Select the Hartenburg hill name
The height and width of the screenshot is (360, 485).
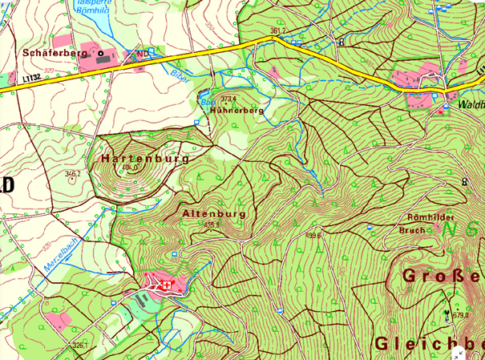pos(145,159)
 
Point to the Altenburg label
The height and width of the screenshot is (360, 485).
pos(213,214)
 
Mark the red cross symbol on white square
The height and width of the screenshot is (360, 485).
pos(168,285)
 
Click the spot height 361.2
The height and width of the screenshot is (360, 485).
pos(278,31)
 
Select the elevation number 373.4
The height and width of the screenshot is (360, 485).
pos(230,99)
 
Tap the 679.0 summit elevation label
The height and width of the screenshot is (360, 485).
pos(461,315)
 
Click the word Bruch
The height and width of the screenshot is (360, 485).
pos(414,229)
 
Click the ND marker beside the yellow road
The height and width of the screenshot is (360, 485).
pos(143,55)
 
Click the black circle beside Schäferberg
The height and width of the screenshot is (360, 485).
pos(101,53)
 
